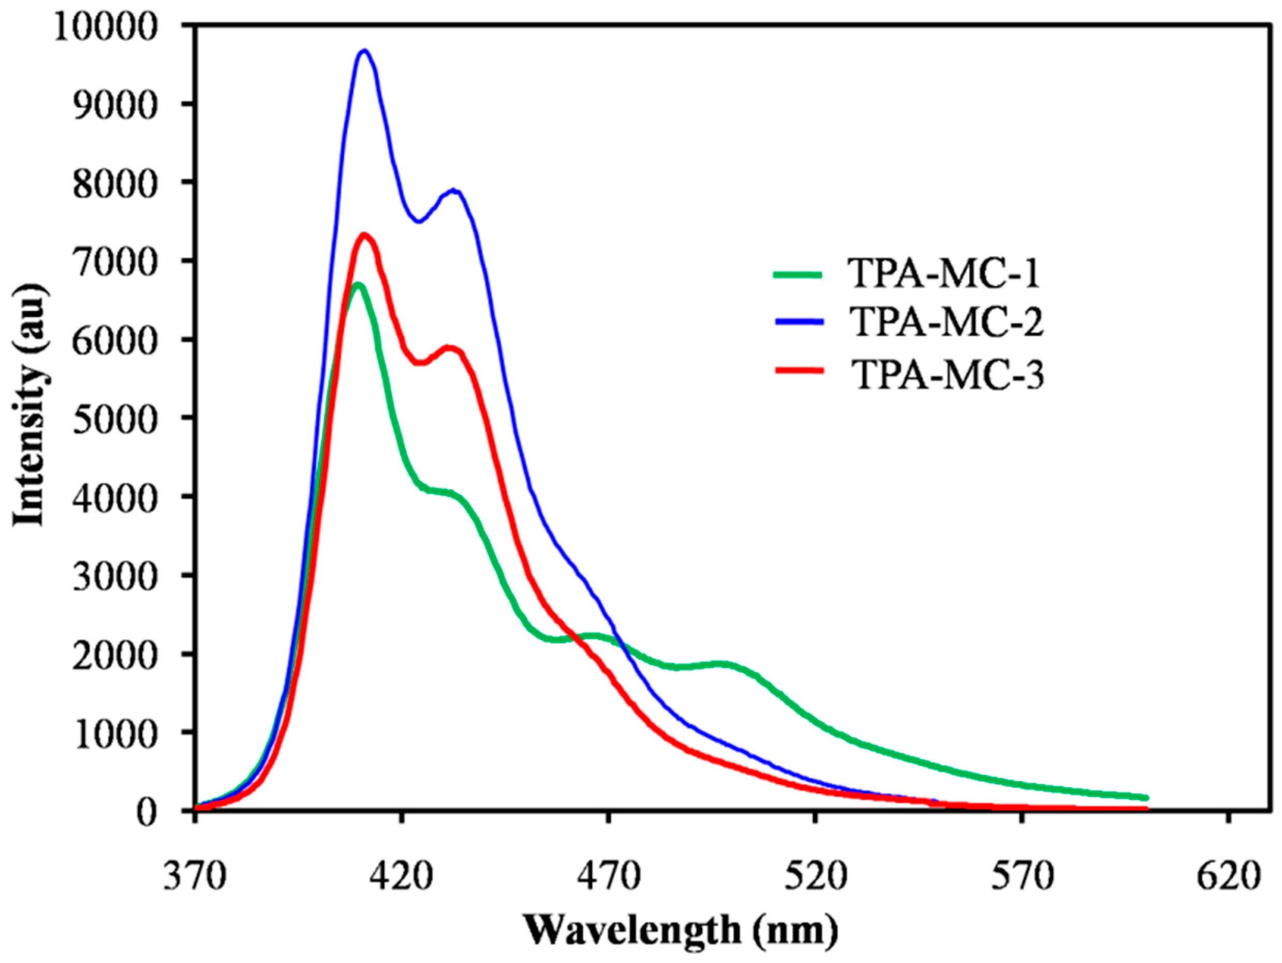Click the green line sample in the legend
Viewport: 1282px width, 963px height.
[798, 275]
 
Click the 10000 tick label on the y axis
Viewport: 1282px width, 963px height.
[105, 27]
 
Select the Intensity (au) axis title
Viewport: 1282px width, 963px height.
[29, 405]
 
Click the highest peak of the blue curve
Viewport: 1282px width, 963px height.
[364, 51]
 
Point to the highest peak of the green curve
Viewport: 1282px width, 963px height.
[358, 285]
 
